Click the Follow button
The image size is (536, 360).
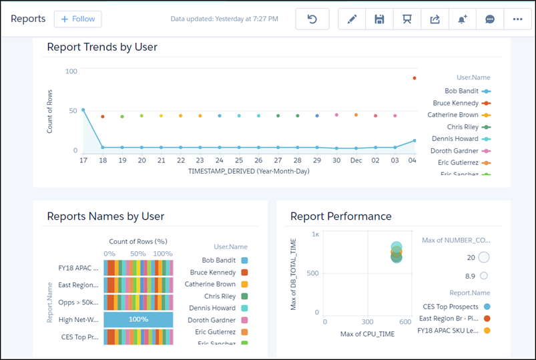pyautogui.click(x=77, y=19)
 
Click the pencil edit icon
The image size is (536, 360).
pyautogui.click(x=352, y=19)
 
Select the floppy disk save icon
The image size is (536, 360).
pyautogui.click(x=379, y=19)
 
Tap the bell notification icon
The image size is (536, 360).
pyautogui.click(x=462, y=19)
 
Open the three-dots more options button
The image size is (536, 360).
pyautogui.click(x=517, y=19)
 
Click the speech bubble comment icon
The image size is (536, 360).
pyautogui.click(x=490, y=19)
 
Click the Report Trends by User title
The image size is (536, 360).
pyautogui.click(x=102, y=47)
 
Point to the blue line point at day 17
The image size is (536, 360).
pyautogui.click(x=83, y=110)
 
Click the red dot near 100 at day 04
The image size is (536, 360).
pyautogui.click(x=415, y=78)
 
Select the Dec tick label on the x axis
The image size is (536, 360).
pyautogui.click(x=356, y=161)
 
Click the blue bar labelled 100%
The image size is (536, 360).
pyautogui.click(x=138, y=319)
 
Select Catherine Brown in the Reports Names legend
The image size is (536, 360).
pyautogui.click(x=210, y=285)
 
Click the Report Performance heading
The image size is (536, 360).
pyautogui.click(x=340, y=216)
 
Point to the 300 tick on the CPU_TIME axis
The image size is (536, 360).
pyautogui.click(x=367, y=322)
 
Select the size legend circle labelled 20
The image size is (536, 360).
pyautogui.click(x=484, y=257)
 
